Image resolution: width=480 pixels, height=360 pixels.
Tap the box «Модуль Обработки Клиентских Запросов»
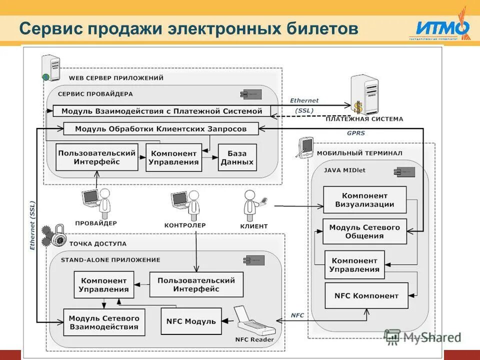tap(161, 128)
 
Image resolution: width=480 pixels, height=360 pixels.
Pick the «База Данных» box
tap(237, 157)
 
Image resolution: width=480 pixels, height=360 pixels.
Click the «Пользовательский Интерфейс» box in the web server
tap(96, 157)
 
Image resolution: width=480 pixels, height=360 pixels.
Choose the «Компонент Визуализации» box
tap(364, 199)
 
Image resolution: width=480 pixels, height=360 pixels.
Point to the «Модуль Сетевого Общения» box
tap(364, 231)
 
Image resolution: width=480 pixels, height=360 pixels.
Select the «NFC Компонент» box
tap(366, 295)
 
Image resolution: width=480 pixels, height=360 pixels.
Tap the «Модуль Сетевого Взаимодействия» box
tap(104, 322)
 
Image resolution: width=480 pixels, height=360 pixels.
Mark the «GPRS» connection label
tap(355, 133)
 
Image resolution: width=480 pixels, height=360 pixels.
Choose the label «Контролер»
tap(184, 225)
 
